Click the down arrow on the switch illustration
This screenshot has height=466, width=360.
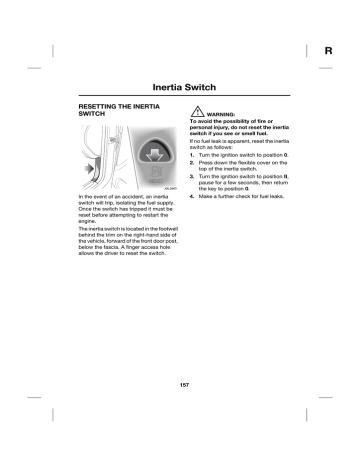(x=128, y=154)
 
